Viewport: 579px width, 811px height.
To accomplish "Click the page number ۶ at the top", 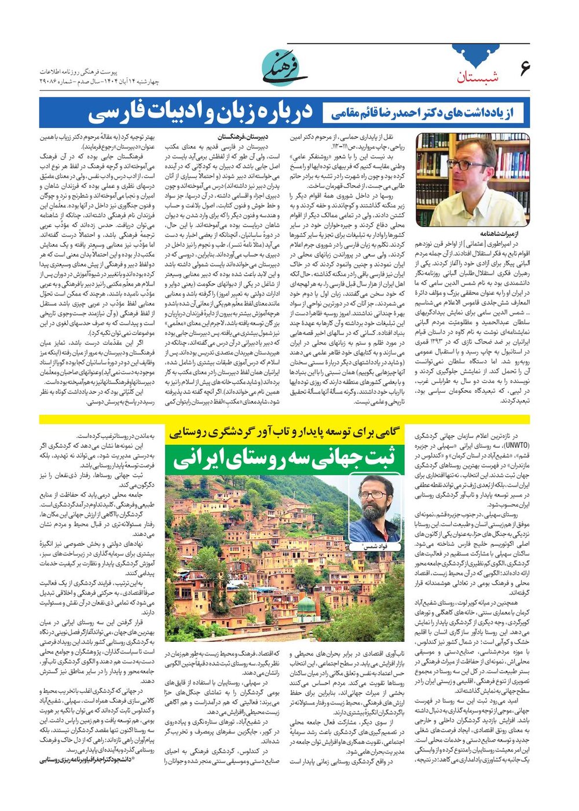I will (525, 68).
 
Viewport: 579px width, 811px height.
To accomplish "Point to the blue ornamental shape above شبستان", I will (477, 56).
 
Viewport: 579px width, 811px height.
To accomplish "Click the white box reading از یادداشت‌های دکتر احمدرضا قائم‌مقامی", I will (423, 113).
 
